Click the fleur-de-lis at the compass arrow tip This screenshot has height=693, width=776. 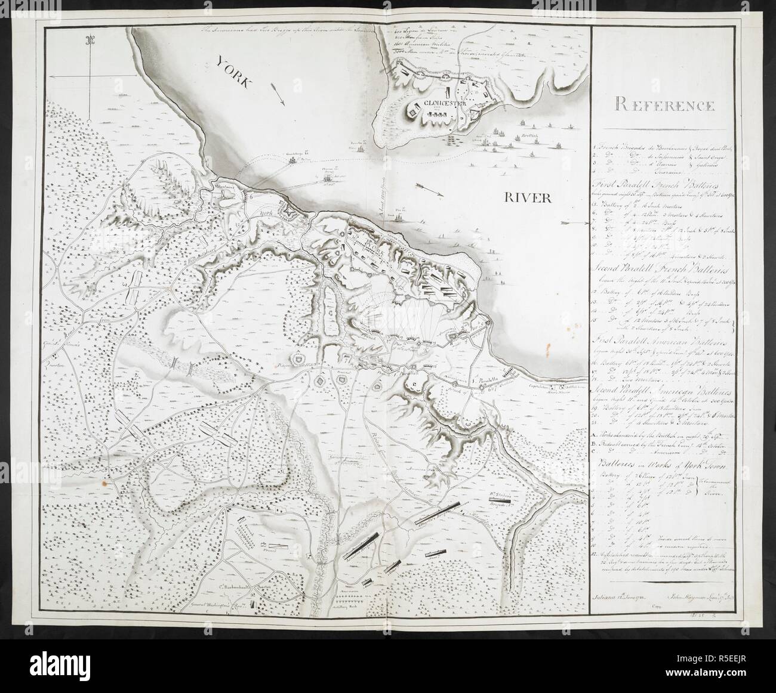coord(91,41)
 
